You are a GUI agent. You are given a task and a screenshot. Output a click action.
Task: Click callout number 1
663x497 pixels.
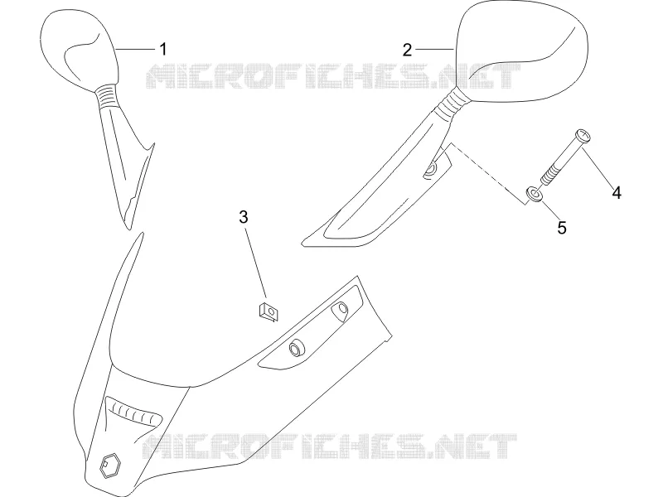(x=162, y=50)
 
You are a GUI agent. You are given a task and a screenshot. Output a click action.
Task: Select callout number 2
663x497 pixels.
(x=407, y=50)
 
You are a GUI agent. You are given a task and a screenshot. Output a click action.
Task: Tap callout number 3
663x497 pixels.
(x=244, y=217)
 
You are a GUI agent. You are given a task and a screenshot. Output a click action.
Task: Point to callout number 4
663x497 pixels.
(x=617, y=193)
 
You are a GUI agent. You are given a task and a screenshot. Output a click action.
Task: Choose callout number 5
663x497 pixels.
(x=562, y=228)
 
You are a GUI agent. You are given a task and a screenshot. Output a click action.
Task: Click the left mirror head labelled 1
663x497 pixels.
(x=78, y=49)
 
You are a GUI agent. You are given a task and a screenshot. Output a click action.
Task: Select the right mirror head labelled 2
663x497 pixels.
(x=522, y=51)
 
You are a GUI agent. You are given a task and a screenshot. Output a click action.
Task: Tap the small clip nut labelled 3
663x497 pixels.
(x=269, y=312)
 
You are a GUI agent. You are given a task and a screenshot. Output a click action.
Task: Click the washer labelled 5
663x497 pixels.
(x=535, y=195)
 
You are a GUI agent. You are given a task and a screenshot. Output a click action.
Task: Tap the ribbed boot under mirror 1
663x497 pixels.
(x=108, y=97)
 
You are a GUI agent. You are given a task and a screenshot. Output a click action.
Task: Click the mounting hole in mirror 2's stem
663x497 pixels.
(x=432, y=170)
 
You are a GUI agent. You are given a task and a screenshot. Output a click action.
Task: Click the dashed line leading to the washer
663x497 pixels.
(x=488, y=174)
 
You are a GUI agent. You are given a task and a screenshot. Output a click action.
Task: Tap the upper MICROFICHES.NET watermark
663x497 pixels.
(x=333, y=76)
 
